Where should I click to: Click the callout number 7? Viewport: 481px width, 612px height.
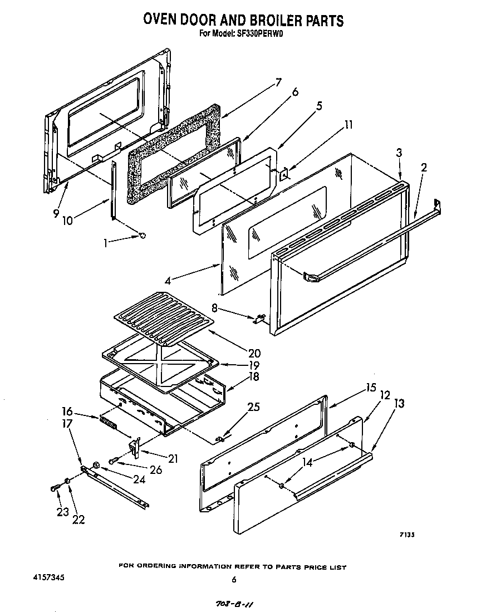tap(278, 84)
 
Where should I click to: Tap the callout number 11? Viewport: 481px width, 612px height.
tap(348, 125)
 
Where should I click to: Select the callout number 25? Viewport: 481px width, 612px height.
tap(253, 407)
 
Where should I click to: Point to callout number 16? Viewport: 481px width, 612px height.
tap(67, 412)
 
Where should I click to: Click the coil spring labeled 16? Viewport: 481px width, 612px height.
tap(109, 423)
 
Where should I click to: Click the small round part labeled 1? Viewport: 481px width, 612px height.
tap(143, 236)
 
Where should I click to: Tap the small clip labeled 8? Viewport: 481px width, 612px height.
tap(259, 319)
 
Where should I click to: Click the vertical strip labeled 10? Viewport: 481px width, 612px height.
tap(114, 189)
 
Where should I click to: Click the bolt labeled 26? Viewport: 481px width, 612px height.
tap(113, 461)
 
